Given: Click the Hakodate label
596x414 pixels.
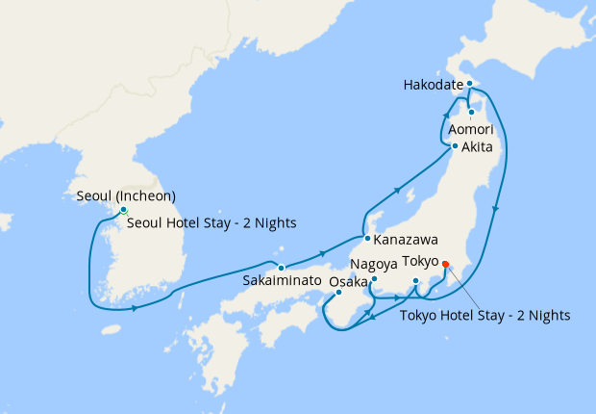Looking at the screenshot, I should pyautogui.click(x=432, y=85).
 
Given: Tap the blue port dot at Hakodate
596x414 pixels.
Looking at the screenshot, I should pyautogui.click(x=469, y=85).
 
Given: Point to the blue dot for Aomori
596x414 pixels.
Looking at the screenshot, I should pyautogui.click(x=471, y=113).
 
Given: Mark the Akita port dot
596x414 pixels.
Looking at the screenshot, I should pyautogui.click(x=455, y=147).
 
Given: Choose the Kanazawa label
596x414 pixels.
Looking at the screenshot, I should pyautogui.click(x=401, y=238).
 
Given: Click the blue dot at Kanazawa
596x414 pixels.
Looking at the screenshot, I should pyautogui.click(x=367, y=238).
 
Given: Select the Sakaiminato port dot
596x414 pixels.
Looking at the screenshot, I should pyautogui.click(x=281, y=268).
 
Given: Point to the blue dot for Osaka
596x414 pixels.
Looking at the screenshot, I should pyautogui.click(x=338, y=293).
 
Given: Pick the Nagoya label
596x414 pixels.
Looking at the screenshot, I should pyautogui.click(x=372, y=263).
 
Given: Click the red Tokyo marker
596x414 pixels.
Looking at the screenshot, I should pyautogui.click(x=445, y=269).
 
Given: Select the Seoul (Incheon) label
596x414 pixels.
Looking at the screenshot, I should pyautogui.click(x=125, y=196).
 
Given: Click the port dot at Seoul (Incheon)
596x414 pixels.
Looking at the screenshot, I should pyautogui.click(x=123, y=210).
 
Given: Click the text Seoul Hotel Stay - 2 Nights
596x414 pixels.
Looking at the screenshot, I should pyautogui.click(x=211, y=222).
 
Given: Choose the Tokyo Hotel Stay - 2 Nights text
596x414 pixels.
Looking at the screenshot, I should pyautogui.click(x=484, y=314).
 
